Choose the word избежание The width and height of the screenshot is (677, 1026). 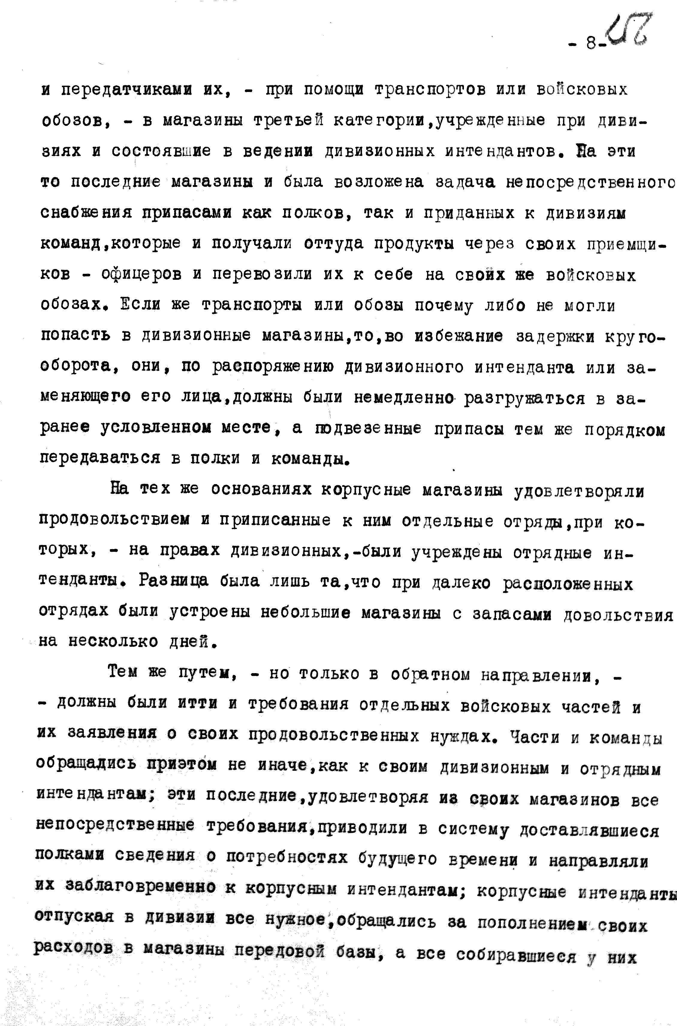click(459, 336)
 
